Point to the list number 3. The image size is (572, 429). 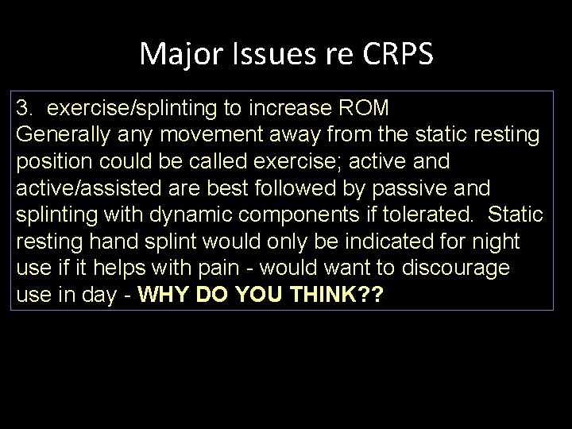pyautogui.click(x=22, y=107)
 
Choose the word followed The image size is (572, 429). pyautogui.click(x=303, y=187)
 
